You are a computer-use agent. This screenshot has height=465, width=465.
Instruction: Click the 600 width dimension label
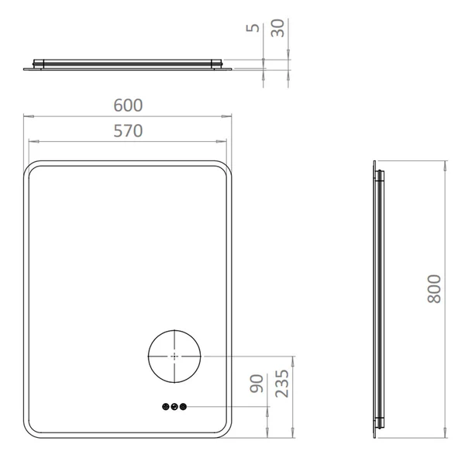[128, 105]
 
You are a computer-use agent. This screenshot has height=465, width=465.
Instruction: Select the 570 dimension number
[128, 131]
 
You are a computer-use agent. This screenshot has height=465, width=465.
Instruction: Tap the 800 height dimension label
[435, 289]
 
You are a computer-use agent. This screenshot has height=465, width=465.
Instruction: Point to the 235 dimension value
[282, 383]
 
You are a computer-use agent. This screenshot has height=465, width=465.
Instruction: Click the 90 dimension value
[257, 384]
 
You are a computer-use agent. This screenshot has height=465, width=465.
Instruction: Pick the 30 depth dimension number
[278, 28]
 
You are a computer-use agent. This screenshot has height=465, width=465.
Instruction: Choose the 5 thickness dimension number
[253, 28]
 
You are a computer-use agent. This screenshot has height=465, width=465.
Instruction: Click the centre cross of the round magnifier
[174, 356]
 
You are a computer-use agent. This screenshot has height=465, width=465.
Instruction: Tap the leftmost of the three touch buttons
[166, 407]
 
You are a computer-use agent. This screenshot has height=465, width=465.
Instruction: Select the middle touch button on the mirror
[174, 407]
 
